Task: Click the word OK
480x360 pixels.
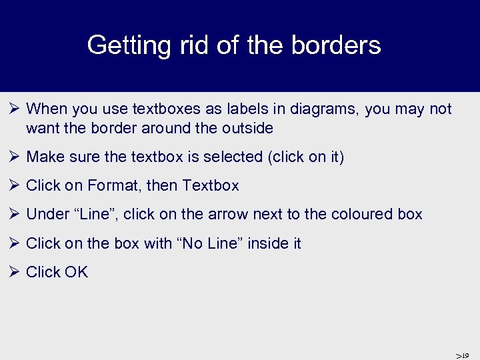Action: click(76, 272)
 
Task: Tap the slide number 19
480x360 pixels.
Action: click(465, 355)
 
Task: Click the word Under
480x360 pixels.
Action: click(48, 214)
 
